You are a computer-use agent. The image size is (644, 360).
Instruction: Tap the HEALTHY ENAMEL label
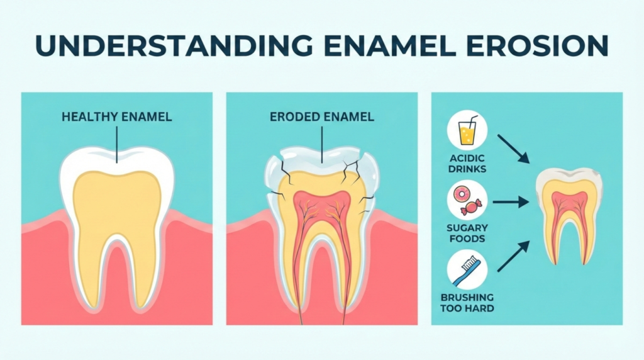[x=117, y=116]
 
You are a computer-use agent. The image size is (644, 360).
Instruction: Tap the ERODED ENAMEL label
[x=321, y=116]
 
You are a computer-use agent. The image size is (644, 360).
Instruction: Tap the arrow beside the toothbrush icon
[x=513, y=257]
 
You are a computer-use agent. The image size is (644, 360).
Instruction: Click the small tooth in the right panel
[x=569, y=214]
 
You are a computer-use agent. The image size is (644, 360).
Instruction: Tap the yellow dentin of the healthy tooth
[x=116, y=208]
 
